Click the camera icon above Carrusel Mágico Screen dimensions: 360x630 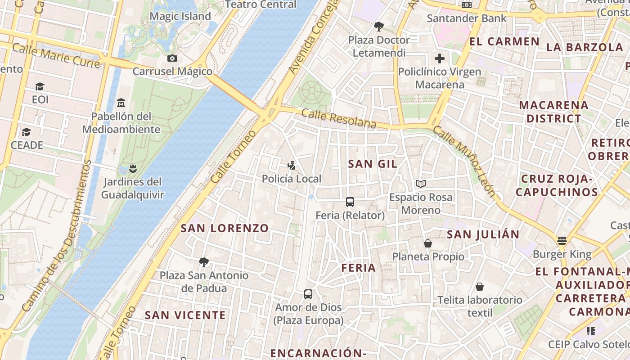(x=172, y=58)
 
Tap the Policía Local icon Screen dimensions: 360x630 (x=292, y=165)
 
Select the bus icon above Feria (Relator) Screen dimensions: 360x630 (x=350, y=202)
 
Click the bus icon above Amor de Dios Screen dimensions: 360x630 (x=308, y=294)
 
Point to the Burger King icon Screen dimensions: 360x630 (x=562, y=240)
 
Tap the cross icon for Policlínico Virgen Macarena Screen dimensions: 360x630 (x=439, y=58)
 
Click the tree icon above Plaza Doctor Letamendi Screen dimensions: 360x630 (x=378, y=27)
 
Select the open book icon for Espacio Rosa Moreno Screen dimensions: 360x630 (x=421, y=184)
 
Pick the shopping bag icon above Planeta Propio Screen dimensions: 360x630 (x=428, y=243)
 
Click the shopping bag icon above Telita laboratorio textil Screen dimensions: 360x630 (x=480, y=287)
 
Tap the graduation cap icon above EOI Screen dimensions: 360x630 (x=40, y=86)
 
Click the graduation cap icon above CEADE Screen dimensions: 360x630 (x=27, y=132)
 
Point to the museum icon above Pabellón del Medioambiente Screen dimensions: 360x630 (x=121, y=103)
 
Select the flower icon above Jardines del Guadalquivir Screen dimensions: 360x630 (x=132, y=169)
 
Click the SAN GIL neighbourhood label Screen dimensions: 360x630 (x=373, y=164)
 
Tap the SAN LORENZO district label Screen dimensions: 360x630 (x=225, y=228)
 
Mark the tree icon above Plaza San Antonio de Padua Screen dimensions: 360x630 (x=204, y=262)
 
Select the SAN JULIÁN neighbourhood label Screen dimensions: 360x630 (x=483, y=234)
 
